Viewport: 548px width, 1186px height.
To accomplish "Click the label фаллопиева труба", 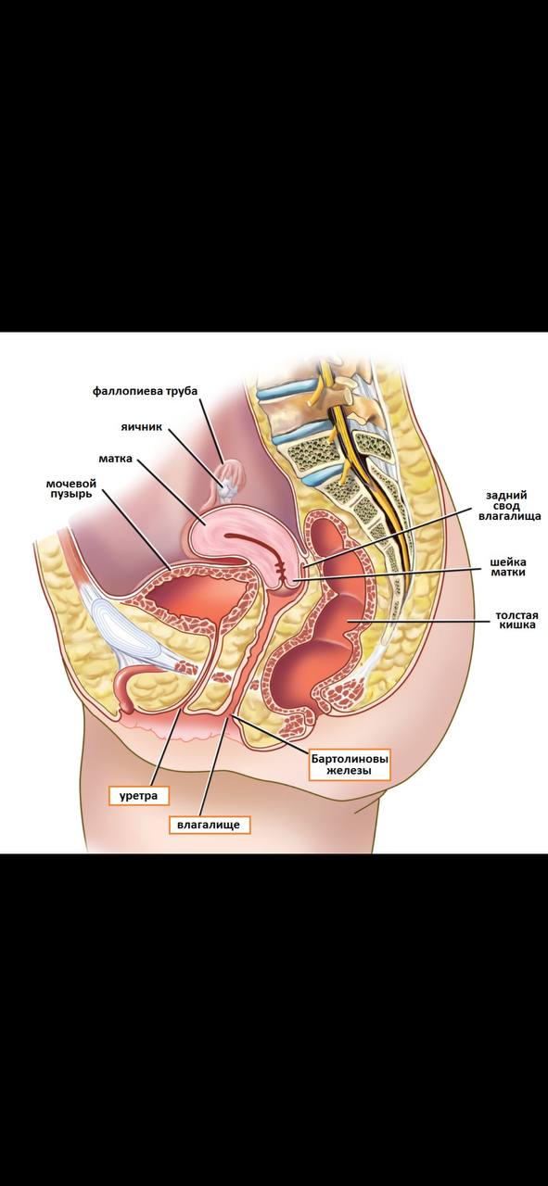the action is pyautogui.click(x=145, y=391).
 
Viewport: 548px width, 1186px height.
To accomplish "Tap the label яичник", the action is pyautogui.click(x=142, y=427).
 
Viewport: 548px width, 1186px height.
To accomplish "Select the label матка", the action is pyautogui.click(x=116, y=458).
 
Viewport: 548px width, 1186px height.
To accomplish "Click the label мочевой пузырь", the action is pyautogui.click(x=71, y=488).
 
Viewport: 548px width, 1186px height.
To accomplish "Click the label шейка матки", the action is pyautogui.click(x=508, y=567).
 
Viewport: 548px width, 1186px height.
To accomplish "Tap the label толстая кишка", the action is pyautogui.click(x=516, y=620).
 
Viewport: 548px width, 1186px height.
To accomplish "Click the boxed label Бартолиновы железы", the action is pyautogui.click(x=350, y=764).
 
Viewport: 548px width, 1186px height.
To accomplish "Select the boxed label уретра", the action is pyautogui.click(x=138, y=795).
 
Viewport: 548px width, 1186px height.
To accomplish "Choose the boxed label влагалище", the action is pyautogui.click(x=209, y=825).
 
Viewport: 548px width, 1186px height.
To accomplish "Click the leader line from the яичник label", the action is pyautogui.click(x=196, y=455).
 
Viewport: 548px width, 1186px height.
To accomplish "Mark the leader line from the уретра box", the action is pyautogui.click(x=166, y=747).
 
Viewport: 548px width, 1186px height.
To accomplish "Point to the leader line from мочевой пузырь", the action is pyautogui.click(x=136, y=529).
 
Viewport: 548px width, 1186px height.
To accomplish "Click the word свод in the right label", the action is pyautogui.click(x=509, y=506).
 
